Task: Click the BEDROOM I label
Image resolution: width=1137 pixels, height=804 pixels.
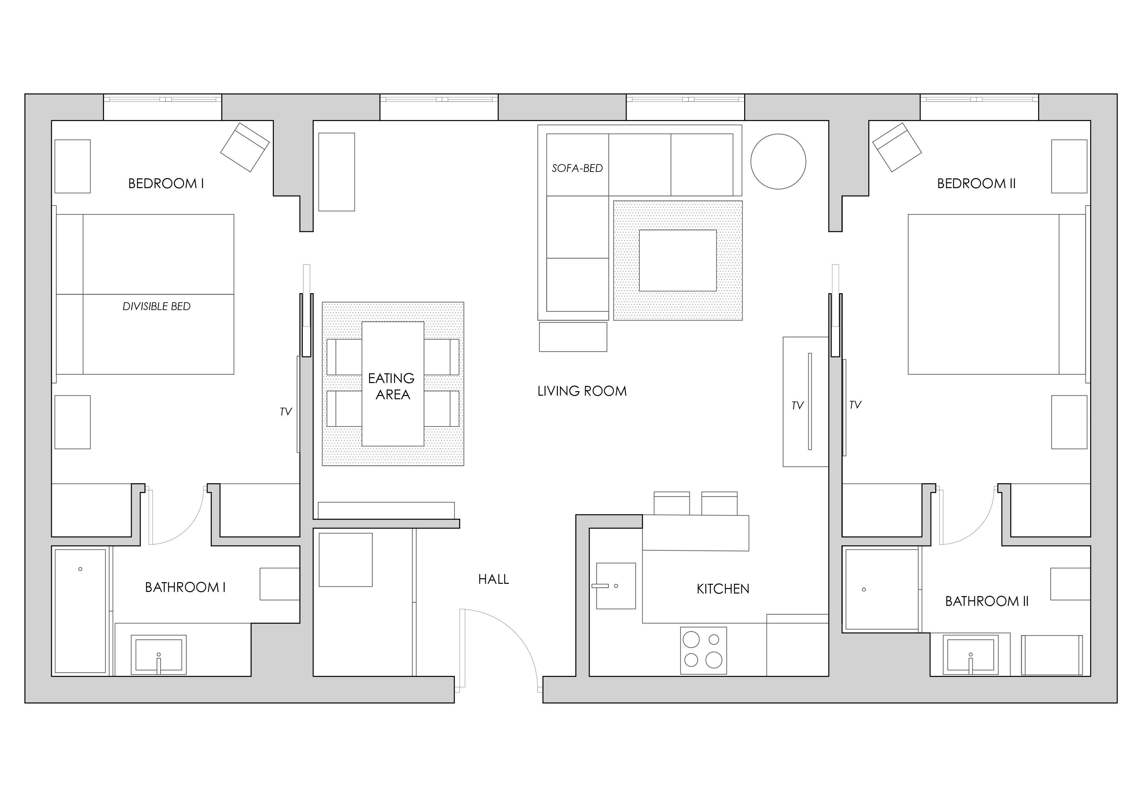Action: tap(166, 184)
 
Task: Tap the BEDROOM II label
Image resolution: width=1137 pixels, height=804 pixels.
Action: tap(976, 184)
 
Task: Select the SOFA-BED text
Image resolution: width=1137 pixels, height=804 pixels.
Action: tap(577, 168)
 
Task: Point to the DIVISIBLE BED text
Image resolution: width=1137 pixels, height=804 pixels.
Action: tap(157, 306)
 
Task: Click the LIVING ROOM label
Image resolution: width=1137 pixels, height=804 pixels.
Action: tap(582, 391)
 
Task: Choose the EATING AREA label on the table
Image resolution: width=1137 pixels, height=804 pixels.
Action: tap(392, 386)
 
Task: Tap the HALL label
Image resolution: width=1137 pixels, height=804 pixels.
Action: tap(493, 579)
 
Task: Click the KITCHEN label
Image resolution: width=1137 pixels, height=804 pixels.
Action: tap(722, 589)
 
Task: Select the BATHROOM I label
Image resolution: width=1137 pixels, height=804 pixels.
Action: tap(185, 588)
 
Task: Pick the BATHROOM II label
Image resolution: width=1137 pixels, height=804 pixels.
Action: tap(987, 601)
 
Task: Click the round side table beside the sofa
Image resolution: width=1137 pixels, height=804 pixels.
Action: tap(778, 162)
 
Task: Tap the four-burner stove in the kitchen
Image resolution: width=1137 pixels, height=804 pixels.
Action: tap(703, 651)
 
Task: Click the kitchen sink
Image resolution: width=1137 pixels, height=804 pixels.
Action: tap(615, 586)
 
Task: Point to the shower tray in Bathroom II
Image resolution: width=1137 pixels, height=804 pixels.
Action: tap(882, 590)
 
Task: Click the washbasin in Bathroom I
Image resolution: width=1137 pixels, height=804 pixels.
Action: tap(158, 655)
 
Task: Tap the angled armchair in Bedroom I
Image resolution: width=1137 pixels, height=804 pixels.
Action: tap(245, 147)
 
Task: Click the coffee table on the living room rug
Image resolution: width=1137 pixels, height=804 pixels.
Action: tap(677, 260)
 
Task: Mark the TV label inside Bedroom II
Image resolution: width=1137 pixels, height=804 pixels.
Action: tap(855, 405)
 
